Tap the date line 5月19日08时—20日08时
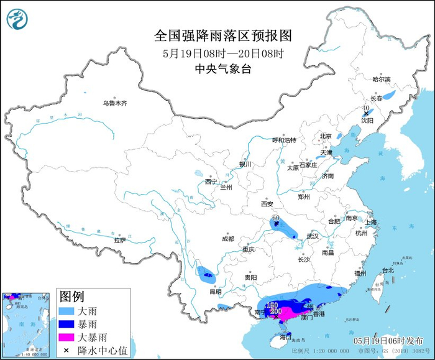223,53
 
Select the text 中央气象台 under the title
223,69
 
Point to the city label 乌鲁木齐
115,103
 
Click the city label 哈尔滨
381,80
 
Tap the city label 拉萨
120,239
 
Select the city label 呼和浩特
285,140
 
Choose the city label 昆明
214,291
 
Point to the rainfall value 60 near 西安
275,217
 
